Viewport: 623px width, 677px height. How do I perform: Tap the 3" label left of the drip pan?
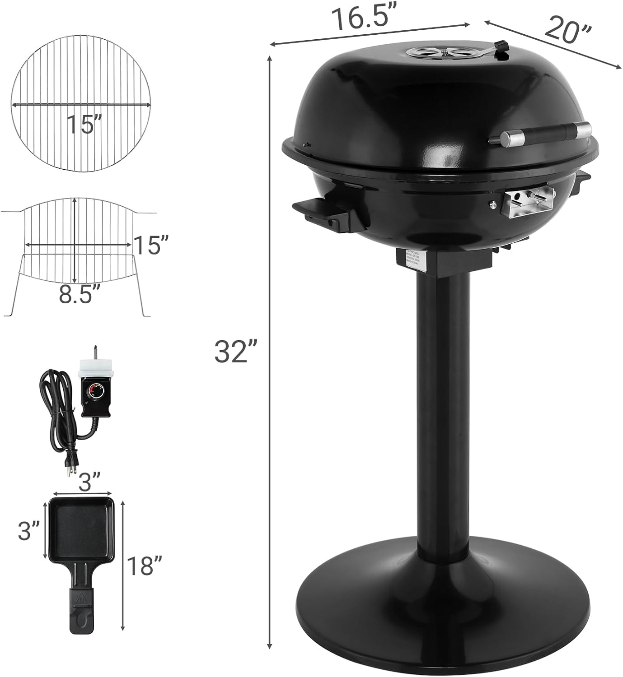29,532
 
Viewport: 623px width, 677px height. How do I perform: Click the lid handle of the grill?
540,134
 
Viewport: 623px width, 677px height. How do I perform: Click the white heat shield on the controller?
96,368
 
